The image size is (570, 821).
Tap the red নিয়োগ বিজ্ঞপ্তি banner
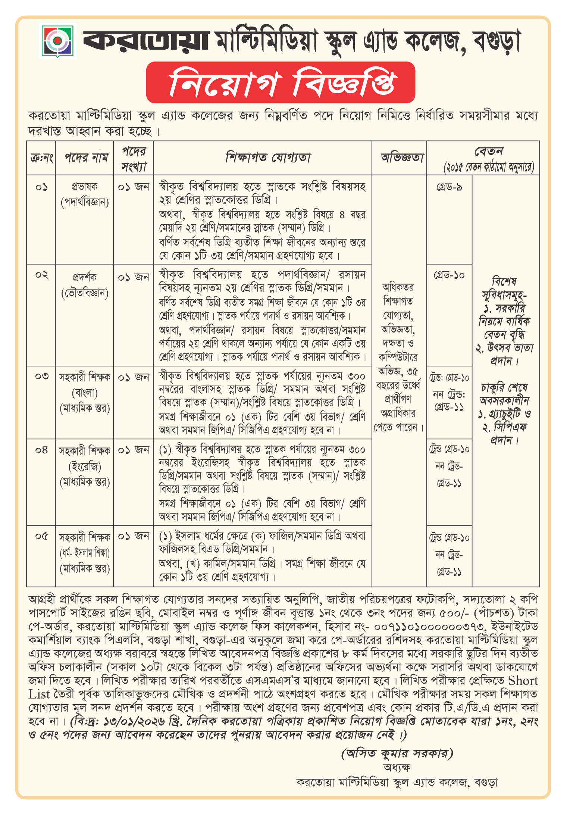[x=281, y=82]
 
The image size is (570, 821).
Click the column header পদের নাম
[x=85, y=158]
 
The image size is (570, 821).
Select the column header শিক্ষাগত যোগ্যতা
[x=267, y=157]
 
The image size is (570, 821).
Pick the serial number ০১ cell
[x=41, y=187]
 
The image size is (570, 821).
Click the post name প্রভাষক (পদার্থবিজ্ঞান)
[x=85, y=194]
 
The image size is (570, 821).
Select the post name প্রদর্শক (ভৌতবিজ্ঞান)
[x=85, y=285]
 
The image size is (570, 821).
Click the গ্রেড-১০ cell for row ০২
[x=449, y=275]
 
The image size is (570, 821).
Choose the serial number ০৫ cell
[x=41, y=536]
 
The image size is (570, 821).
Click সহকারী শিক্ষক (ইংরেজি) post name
[x=85, y=466]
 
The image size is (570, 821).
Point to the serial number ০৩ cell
[x=41, y=376]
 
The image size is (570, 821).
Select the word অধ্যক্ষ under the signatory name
[x=397, y=768]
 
